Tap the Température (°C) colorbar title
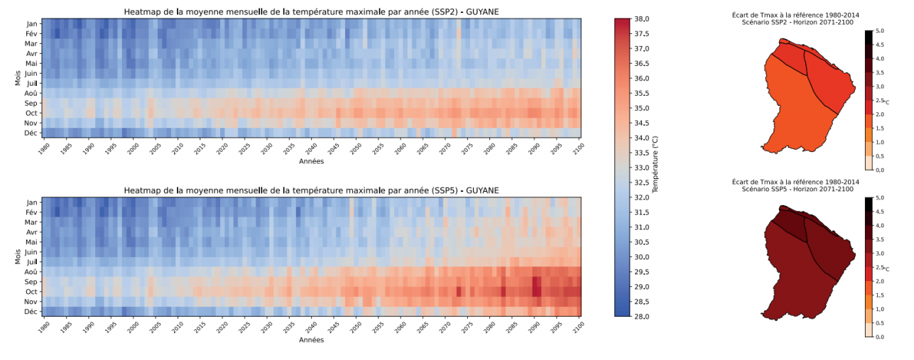(x=655, y=168)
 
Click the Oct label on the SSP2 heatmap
(x=31, y=113)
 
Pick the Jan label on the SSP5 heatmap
(x=31, y=202)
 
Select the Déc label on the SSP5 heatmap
(x=31, y=312)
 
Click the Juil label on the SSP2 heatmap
(x=31, y=83)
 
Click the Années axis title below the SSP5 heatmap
(x=311, y=340)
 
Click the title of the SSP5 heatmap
(x=311, y=190)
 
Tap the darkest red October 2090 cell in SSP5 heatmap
(x=536, y=292)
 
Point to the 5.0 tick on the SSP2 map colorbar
(x=878, y=31)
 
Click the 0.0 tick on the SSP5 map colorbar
(x=878, y=337)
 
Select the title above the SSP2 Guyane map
(x=795, y=18)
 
